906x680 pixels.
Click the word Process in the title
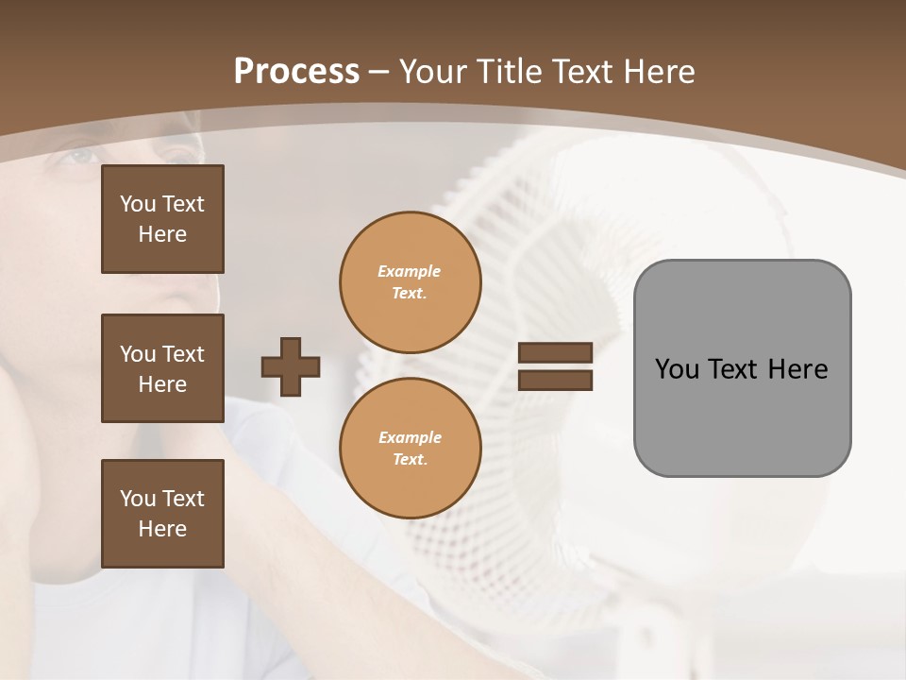pyautogui.click(x=296, y=72)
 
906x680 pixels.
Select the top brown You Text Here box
pyautogui.click(x=162, y=219)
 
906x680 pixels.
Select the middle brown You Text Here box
pyautogui.click(x=162, y=368)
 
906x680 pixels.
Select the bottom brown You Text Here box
pyautogui.click(x=162, y=514)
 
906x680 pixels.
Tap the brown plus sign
pyautogui.click(x=291, y=366)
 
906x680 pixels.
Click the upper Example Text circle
pyautogui.click(x=411, y=282)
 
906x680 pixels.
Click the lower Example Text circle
pyautogui.click(x=411, y=449)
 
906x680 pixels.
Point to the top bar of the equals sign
pyautogui.click(x=555, y=352)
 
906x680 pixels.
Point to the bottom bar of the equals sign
pyautogui.click(x=555, y=380)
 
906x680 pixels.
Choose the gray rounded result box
pyautogui.click(x=742, y=416)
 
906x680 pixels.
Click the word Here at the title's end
pyautogui.click(x=659, y=72)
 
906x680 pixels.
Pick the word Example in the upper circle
pyautogui.click(x=410, y=271)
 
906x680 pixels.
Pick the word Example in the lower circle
pyautogui.click(x=410, y=437)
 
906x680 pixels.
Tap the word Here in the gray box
pyautogui.click(x=797, y=369)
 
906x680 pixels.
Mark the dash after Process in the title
pyautogui.click(x=379, y=72)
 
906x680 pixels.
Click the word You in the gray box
pyautogui.click(x=677, y=369)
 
